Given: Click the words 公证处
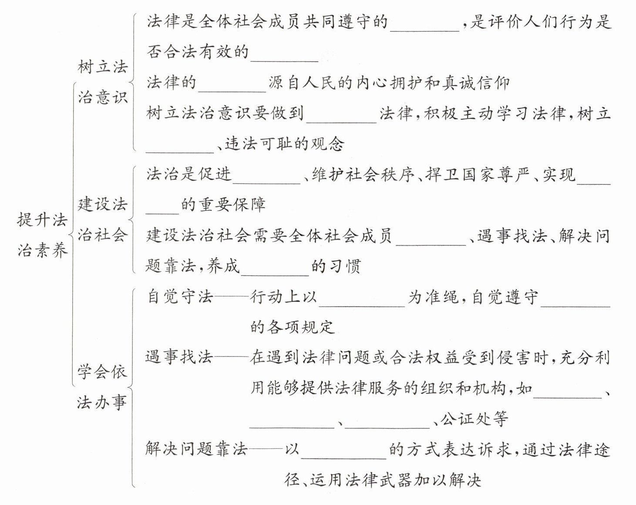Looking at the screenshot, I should click(x=474, y=419).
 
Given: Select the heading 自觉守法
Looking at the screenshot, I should click(x=179, y=297).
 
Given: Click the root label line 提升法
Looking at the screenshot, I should click(x=42, y=220).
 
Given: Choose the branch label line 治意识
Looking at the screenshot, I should click(x=103, y=97).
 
